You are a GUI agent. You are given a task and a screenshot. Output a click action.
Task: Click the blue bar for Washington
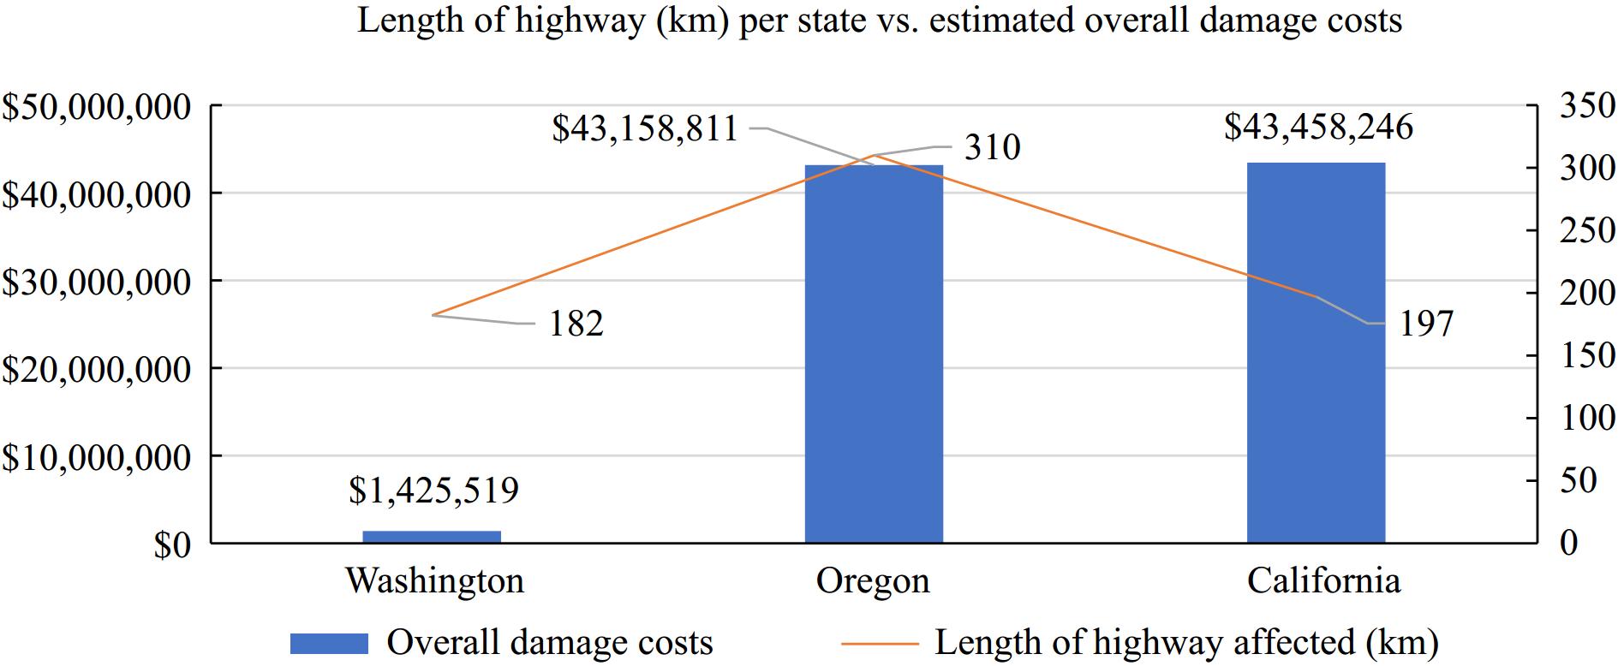tap(431, 537)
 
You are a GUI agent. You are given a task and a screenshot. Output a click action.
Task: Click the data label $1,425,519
tap(433, 491)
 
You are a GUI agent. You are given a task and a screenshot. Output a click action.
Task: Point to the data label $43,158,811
tap(645, 129)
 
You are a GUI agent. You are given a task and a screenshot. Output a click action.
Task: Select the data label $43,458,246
tap(1318, 128)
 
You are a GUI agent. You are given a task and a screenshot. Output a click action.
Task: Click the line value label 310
tap(993, 148)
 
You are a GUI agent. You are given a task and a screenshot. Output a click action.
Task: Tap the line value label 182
tap(576, 324)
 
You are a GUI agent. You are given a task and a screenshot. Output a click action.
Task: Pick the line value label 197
tap(1426, 324)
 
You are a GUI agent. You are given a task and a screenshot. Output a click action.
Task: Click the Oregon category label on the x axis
tap(873, 581)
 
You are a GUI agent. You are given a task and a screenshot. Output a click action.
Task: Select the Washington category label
tap(434, 581)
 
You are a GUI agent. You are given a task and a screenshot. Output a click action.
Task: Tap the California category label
tap(1323, 581)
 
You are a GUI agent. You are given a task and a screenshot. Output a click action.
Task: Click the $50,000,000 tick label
tap(96, 107)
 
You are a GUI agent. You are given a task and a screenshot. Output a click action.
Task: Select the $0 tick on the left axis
tap(171, 545)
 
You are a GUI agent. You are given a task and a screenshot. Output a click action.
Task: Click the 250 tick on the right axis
tap(1587, 231)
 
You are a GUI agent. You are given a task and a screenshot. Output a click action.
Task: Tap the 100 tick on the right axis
tap(1587, 419)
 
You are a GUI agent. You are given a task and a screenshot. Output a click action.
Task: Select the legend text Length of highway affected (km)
tap(1186, 643)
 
